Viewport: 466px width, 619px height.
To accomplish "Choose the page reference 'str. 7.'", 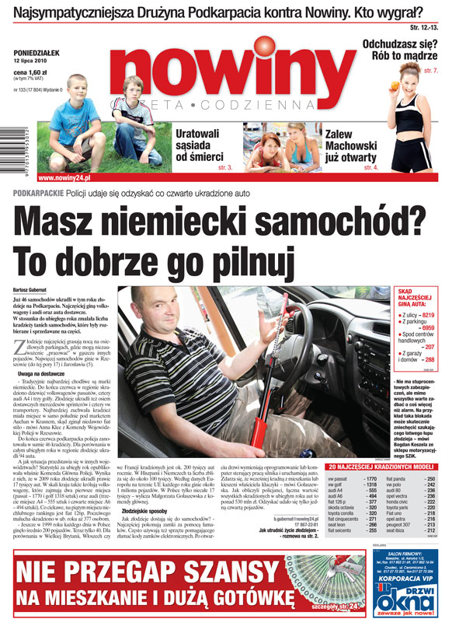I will pos(451,71).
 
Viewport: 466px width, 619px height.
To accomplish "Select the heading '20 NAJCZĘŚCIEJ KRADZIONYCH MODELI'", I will pos(391,445).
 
